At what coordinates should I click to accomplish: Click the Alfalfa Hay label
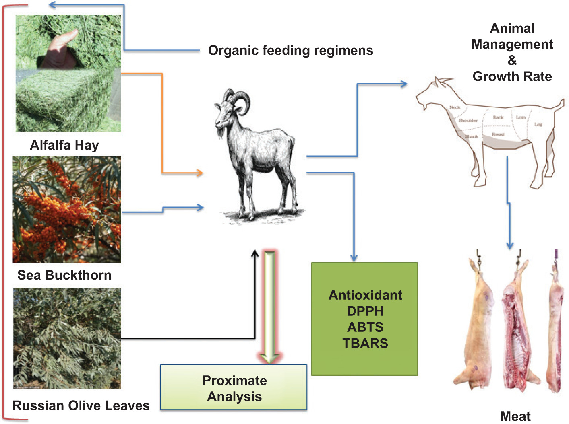(64, 145)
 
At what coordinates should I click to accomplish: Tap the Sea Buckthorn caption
(64, 275)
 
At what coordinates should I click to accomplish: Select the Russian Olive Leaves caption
(81, 405)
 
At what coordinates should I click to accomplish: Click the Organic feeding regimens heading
(290, 51)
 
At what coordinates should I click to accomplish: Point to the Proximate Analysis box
(234, 388)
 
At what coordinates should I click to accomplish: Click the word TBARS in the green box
(365, 343)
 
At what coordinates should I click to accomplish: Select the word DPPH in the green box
(365, 311)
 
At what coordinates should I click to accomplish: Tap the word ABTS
(365, 327)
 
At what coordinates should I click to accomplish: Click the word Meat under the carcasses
(515, 416)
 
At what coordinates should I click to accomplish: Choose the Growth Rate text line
(512, 76)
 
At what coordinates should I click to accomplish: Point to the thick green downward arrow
(269, 306)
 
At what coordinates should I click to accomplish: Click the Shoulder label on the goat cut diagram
(468, 120)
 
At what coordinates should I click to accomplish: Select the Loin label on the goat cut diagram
(521, 117)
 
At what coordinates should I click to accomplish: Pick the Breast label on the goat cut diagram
(498, 134)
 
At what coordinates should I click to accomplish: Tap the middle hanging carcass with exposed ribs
(517, 326)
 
